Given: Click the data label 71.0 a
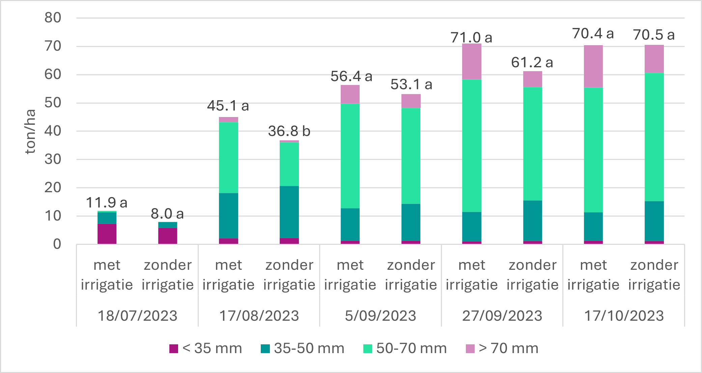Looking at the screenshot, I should [471, 37].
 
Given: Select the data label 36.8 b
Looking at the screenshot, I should [289, 131].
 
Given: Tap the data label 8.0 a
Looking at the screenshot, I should [167, 213].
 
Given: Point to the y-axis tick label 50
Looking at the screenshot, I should [53, 103].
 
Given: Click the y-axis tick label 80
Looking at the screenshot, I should [53, 18].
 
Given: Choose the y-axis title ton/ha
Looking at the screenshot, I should [30, 132].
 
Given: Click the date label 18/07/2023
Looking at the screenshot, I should [137, 316].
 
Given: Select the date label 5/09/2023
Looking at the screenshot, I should [380, 316].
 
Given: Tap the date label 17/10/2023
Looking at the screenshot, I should [624, 316].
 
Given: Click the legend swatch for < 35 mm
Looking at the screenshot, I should [173, 348].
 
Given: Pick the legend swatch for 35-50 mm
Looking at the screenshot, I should [265, 348].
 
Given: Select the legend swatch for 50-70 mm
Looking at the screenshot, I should [367, 348].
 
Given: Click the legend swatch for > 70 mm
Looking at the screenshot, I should [470, 348].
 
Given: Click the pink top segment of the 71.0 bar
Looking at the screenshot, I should [472, 61].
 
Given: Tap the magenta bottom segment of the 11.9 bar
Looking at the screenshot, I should [107, 234].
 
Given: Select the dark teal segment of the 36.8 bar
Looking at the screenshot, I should [289, 212].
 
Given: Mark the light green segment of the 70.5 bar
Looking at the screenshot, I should [654, 137].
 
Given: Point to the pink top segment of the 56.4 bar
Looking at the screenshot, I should [350, 94].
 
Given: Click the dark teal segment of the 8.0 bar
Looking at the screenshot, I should [168, 225].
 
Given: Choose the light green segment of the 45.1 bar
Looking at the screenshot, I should [228, 157].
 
